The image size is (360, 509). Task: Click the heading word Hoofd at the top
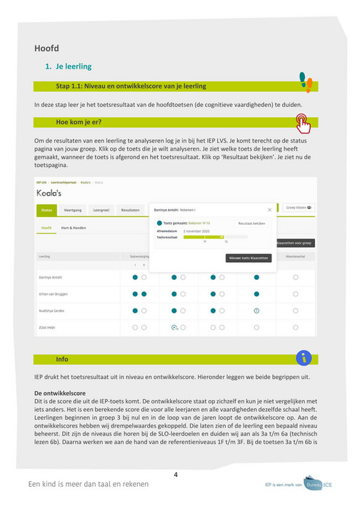pos(46,49)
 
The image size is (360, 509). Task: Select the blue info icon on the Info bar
pos(304,358)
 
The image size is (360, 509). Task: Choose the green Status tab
pos(47,211)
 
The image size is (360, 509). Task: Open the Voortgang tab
pos(72,211)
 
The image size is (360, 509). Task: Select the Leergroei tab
pos(101,211)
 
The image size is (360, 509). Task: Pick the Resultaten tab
pos(130,211)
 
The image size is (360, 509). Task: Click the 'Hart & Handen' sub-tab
pos(73,228)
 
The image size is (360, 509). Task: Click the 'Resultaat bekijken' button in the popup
pos(251,223)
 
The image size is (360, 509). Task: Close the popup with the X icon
pos(269,210)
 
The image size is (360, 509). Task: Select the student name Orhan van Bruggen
pos(54,293)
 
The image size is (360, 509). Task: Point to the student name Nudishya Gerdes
pos(52,311)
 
